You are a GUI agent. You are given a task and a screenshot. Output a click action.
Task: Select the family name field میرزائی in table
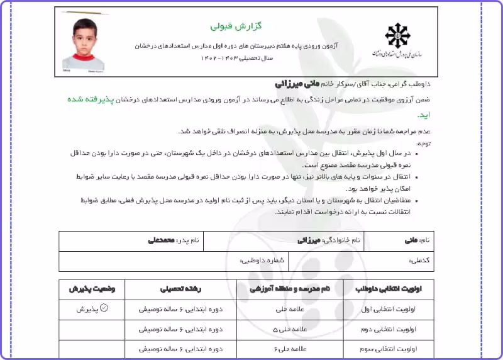click(x=309, y=240)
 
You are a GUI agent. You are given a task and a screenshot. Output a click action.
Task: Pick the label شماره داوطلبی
click(x=262, y=260)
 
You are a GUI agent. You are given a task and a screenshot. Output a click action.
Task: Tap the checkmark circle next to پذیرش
click(x=104, y=308)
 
